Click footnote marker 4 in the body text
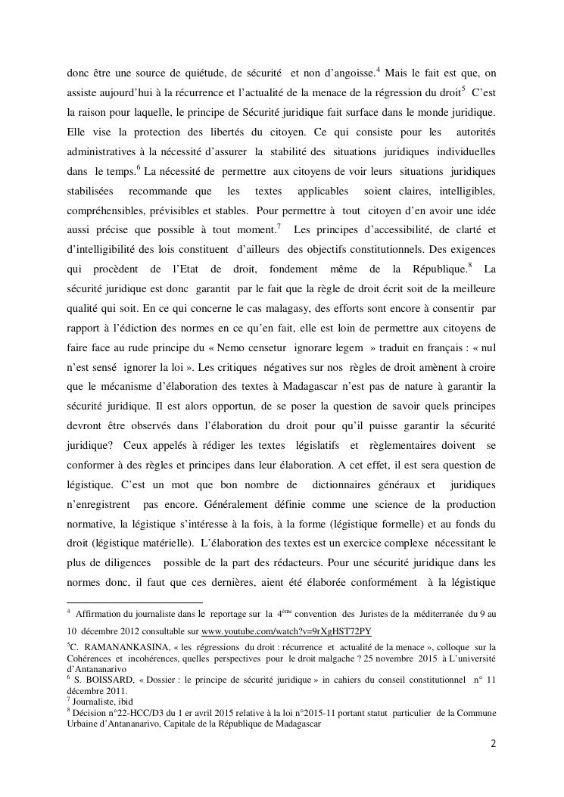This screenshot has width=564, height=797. click(378, 70)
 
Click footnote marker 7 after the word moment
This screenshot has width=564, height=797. click(279, 226)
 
